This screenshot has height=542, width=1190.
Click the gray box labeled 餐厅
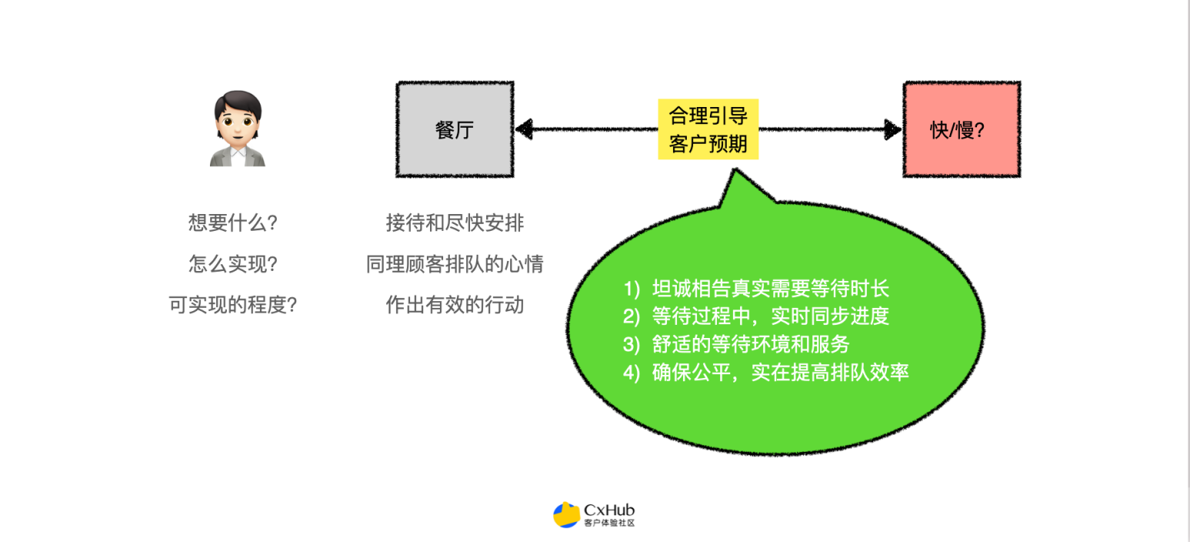[x=455, y=129]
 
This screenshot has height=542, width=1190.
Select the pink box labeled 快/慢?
[x=962, y=129]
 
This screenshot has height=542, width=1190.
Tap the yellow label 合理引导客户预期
[x=708, y=129]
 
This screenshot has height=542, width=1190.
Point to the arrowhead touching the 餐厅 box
[x=525, y=129]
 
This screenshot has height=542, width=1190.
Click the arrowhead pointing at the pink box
[x=892, y=129]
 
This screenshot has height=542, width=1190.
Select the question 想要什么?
[x=232, y=222]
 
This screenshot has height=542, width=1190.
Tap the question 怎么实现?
[x=232, y=264]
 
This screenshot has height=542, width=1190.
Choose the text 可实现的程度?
[x=232, y=305]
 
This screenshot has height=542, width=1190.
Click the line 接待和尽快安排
[x=455, y=222]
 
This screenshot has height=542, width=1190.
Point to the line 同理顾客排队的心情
[x=455, y=264]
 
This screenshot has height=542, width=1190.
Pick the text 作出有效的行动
[x=455, y=305]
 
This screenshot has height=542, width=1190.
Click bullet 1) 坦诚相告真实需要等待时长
[x=756, y=288]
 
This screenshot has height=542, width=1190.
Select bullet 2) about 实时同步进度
[x=756, y=316]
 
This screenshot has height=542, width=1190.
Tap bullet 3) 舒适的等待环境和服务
[x=736, y=344]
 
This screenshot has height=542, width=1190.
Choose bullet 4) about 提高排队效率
[x=766, y=373]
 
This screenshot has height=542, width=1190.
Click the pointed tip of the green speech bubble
[x=735, y=169]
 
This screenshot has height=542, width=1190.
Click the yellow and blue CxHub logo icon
[x=566, y=514]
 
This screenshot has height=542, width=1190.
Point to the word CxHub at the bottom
[x=608, y=510]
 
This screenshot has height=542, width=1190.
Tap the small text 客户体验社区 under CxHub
[x=609, y=523]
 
